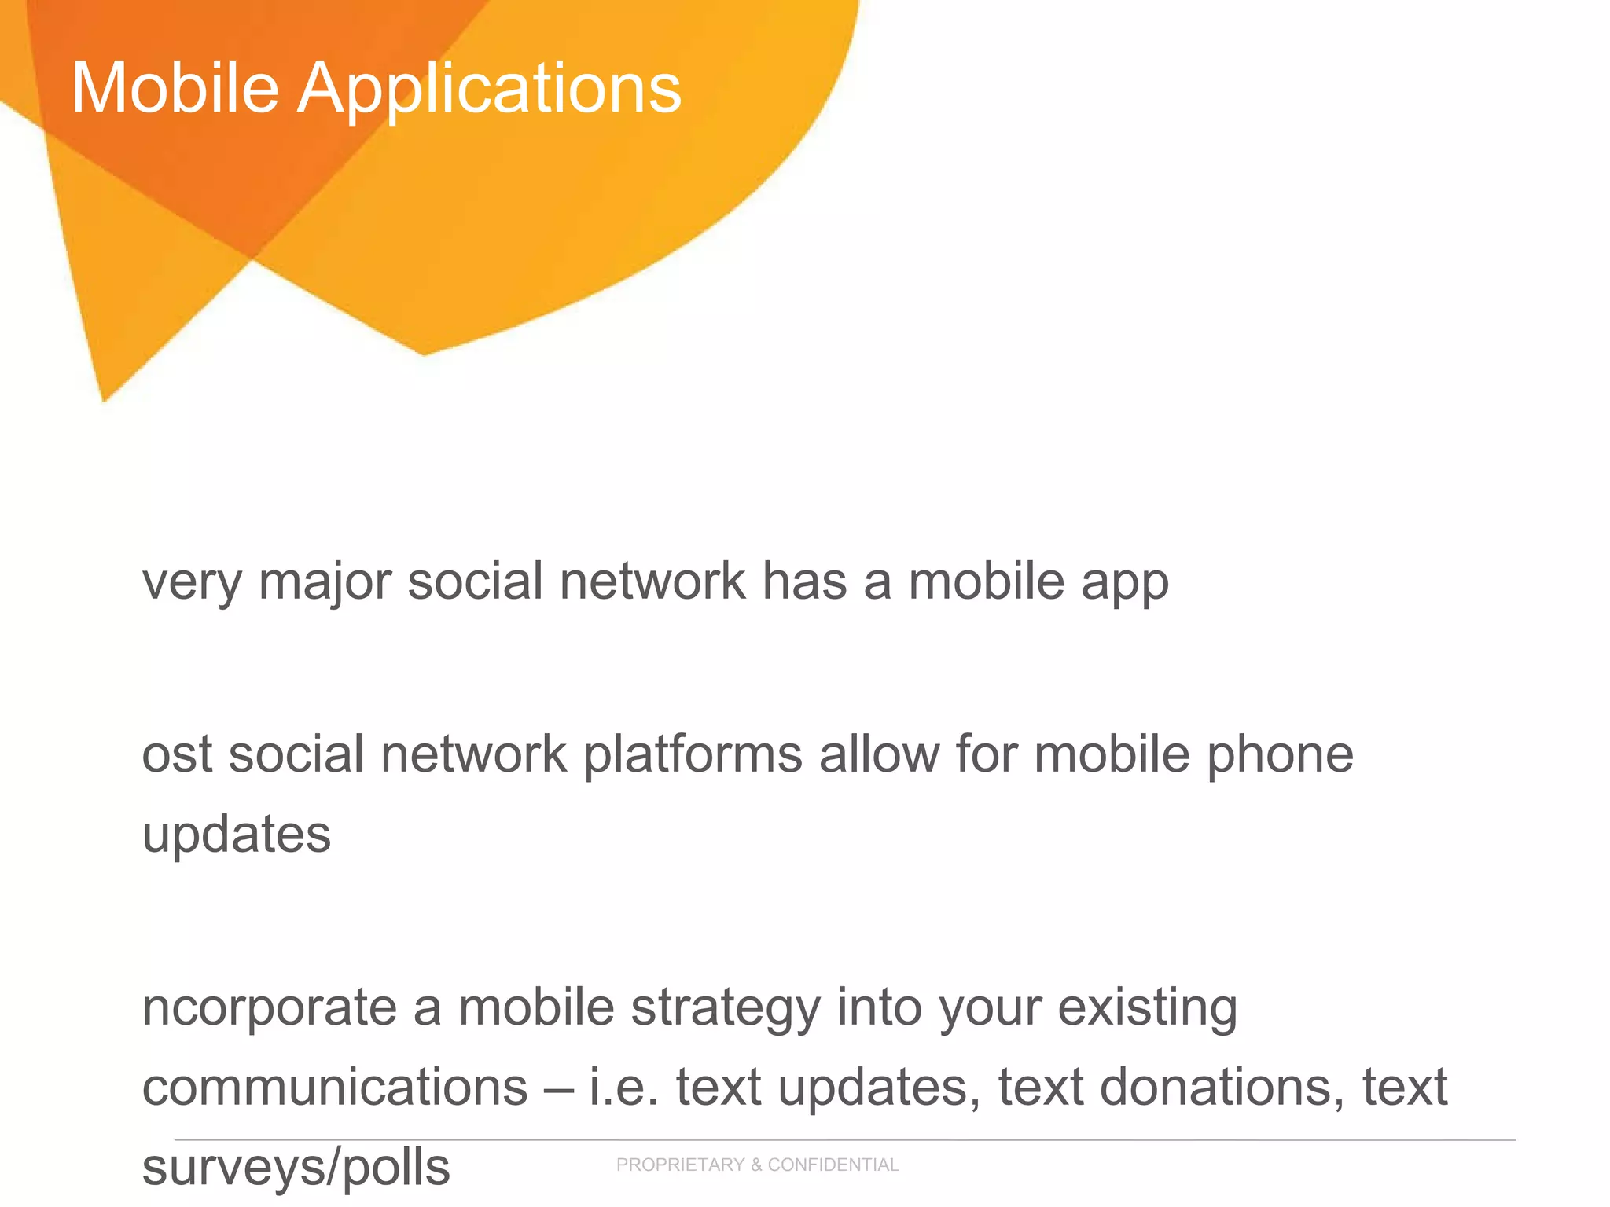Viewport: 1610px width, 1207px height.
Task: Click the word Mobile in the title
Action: point(175,88)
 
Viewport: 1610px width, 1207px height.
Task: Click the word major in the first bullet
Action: point(325,583)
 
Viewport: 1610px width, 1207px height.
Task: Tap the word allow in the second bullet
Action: point(879,754)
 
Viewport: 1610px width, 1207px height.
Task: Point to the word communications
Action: point(335,1088)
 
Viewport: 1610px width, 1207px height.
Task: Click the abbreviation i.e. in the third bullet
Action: point(623,1088)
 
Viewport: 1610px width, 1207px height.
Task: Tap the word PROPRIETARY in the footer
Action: point(680,1165)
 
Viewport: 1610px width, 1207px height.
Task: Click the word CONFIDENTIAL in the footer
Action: point(833,1165)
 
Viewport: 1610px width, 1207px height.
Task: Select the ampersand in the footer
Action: point(755,1165)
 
